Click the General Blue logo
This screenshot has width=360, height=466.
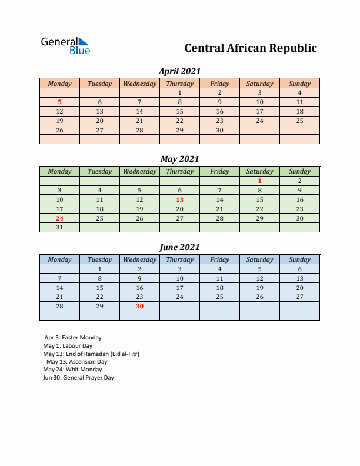point(65,45)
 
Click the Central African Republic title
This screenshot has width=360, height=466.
point(251,48)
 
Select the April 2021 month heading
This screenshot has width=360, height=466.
point(180,71)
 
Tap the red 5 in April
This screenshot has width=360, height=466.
point(59,102)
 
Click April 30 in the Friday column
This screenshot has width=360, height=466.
point(219,130)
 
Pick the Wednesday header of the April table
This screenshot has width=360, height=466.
point(139,84)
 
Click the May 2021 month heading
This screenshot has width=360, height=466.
point(180,159)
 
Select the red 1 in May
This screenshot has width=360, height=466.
point(259,181)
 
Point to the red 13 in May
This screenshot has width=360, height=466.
point(179,199)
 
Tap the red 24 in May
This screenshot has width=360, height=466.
point(59,218)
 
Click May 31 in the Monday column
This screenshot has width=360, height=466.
point(59,228)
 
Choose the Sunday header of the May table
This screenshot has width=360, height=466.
point(299,171)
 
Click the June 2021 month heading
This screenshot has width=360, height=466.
point(180,247)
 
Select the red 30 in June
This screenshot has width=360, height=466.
point(139,306)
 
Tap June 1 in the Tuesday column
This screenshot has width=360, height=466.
point(99,269)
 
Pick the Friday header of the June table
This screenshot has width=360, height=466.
point(219,259)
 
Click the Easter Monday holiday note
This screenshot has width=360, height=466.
point(73,338)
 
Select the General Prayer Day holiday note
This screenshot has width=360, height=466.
point(78,378)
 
